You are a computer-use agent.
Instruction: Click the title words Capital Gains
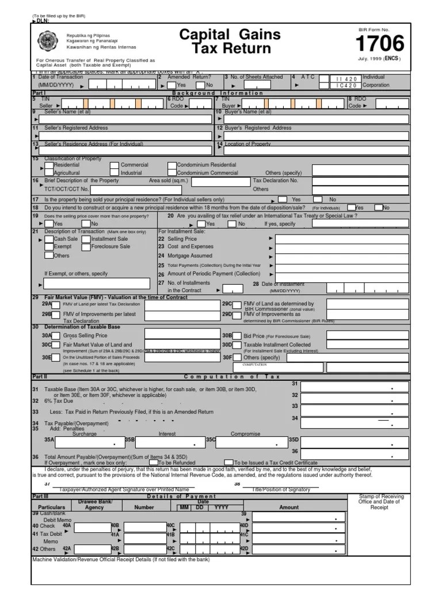pos(230,34)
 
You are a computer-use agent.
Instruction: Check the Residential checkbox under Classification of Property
pos(49,165)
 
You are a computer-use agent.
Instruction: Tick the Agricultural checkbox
pos(49,173)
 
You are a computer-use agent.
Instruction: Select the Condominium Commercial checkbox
pos(172,173)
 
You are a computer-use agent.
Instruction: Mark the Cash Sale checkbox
pos(49,239)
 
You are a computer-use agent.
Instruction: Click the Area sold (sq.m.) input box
pos(220,181)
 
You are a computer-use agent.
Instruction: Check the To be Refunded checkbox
pos(153,462)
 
